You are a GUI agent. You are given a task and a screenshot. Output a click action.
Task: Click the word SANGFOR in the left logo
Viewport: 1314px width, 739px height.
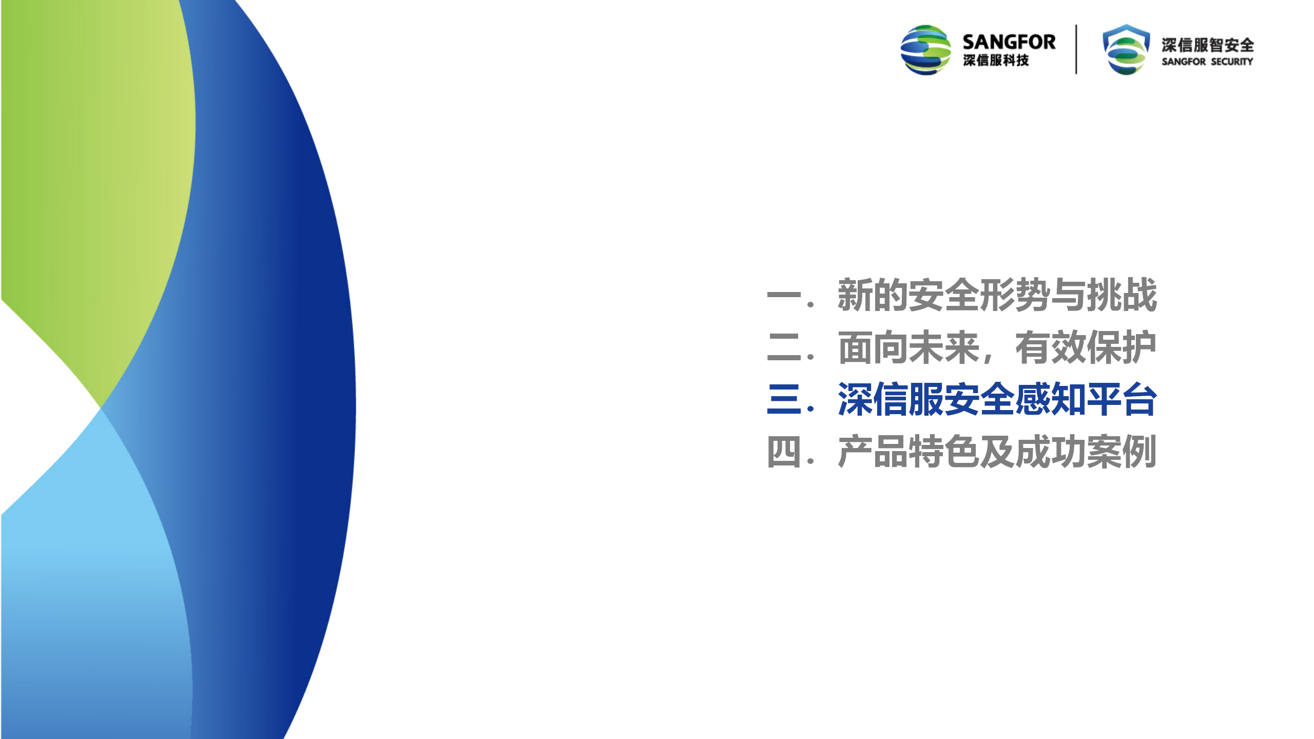pos(1009,42)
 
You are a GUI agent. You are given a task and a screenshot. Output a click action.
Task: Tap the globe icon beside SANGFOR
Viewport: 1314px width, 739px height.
pos(926,50)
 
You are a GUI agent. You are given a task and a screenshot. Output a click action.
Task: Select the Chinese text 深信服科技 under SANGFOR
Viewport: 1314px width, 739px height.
pos(996,61)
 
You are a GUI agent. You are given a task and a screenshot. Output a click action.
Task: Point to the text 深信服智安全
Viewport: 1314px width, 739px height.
pos(1208,45)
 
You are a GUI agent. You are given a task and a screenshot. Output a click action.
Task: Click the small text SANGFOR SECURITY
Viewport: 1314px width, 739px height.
pos(1207,62)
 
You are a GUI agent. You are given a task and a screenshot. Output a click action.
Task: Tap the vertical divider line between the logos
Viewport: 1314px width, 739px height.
pos(1076,49)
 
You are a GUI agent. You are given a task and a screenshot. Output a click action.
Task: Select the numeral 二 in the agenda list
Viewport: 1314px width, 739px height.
pos(784,347)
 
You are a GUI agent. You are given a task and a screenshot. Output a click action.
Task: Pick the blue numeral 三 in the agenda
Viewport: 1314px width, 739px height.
pos(784,399)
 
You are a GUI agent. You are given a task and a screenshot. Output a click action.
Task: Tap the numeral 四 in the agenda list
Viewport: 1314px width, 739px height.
pos(784,452)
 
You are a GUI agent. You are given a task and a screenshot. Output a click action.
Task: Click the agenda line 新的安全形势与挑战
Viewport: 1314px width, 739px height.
pos(997,295)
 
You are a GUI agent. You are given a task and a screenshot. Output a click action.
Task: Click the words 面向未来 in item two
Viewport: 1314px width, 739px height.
pos(909,347)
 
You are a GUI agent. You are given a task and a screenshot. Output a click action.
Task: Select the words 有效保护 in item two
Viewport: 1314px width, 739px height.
pos(1086,347)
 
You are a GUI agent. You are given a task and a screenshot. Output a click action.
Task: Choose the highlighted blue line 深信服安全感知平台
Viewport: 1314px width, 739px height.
pos(997,399)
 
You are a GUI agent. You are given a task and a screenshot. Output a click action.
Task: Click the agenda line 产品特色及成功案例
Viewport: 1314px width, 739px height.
pos(997,452)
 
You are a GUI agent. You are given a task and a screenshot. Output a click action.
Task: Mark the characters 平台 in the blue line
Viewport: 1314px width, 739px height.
pos(1122,399)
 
